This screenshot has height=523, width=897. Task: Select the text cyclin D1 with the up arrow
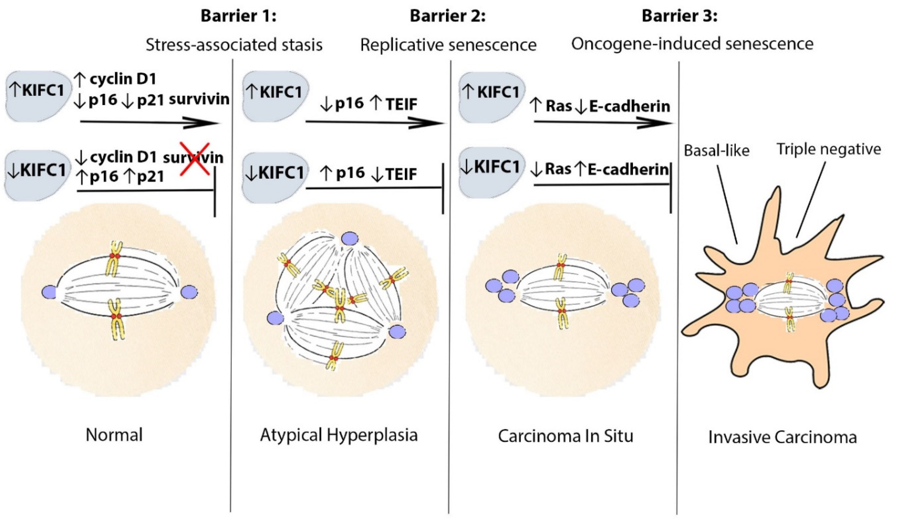[x=123, y=79]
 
